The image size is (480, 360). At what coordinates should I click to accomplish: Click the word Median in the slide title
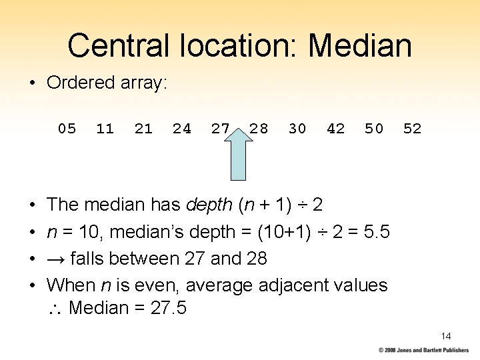(360, 45)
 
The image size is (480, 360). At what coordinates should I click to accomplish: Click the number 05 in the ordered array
(67, 129)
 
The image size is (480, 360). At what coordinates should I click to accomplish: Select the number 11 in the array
(105, 129)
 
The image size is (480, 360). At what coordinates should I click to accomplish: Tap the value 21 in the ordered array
(143, 129)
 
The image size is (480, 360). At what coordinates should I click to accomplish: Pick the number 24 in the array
(182, 129)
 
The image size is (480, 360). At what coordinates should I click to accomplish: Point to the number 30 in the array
(297, 129)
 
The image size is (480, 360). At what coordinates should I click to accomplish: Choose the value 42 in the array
(336, 129)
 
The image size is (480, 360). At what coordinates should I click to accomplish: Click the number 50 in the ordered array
(374, 129)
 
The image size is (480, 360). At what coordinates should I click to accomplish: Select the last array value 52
(413, 129)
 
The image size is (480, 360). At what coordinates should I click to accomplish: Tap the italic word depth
(209, 205)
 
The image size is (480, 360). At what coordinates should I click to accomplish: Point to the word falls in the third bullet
(91, 259)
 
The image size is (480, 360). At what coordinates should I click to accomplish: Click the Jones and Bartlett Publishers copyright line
(423, 350)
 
